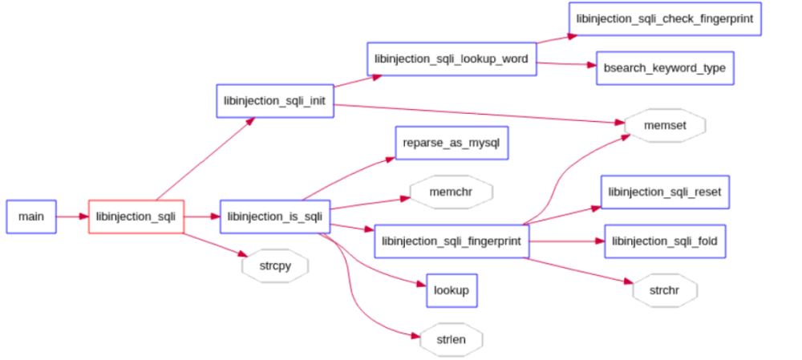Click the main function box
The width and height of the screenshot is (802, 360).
[31, 216]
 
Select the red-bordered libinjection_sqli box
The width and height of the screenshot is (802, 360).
[136, 216]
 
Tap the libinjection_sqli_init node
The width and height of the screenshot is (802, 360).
[275, 101]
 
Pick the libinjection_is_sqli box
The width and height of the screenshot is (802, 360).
[275, 216]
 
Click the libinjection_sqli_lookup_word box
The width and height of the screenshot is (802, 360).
[452, 59]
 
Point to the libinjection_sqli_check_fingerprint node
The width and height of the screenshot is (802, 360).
[665, 19]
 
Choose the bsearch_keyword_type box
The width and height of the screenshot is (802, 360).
[665, 68]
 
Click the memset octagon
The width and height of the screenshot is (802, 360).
[665, 125]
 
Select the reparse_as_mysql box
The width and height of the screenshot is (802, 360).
[452, 143]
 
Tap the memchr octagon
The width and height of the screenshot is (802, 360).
[452, 192]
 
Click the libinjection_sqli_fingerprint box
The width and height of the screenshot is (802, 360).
[452, 241]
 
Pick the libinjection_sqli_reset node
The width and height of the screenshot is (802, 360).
[665, 192]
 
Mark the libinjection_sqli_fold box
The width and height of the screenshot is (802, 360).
[665, 241]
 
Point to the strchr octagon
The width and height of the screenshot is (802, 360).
[665, 290]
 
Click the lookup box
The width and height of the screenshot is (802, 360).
[452, 290]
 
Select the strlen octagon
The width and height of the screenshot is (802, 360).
[452, 339]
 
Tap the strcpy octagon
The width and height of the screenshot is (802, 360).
[275, 266]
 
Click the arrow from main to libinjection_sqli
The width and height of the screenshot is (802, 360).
[72, 216]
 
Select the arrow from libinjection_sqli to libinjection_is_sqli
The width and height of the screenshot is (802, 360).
[202, 216]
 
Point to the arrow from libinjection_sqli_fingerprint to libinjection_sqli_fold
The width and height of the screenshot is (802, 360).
[567, 241]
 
